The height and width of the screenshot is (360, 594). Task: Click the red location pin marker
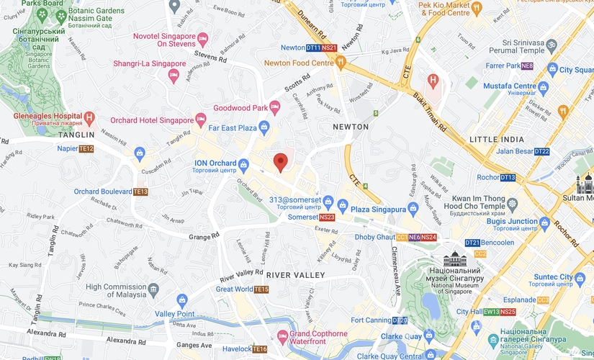pyautogui.click(x=281, y=162)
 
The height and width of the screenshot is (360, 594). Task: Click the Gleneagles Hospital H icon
pyautogui.click(x=89, y=117)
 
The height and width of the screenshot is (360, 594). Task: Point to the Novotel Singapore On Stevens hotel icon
pyautogui.click(x=203, y=38)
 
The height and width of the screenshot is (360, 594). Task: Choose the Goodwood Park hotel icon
pyautogui.click(x=274, y=107)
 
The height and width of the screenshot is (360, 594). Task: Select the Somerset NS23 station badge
pyautogui.click(x=327, y=217)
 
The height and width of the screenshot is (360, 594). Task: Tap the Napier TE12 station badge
pyautogui.click(x=86, y=149)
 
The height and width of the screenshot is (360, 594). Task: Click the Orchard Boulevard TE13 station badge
pyautogui.click(x=140, y=192)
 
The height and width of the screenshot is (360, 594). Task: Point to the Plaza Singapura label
pyautogui.click(x=379, y=208)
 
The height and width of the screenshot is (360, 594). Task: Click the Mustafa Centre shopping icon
pyautogui.click(x=543, y=87)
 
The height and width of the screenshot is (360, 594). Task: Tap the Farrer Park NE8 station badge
pyautogui.click(x=527, y=66)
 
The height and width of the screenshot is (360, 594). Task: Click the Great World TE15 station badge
pyautogui.click(x=261, y=289)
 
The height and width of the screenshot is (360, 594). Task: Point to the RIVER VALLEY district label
pyautogui.click(x=295, y=275)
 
